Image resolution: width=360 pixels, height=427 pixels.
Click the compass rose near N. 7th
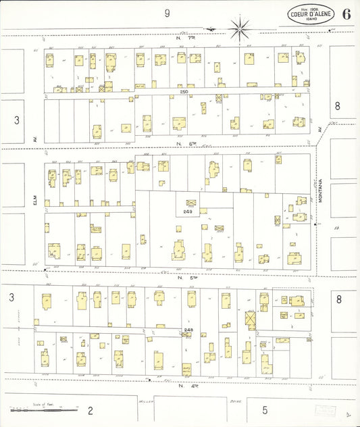(239, 28)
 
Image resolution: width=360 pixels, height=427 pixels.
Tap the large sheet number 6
(346, 14)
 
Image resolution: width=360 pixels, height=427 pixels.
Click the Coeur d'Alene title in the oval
(310, 14)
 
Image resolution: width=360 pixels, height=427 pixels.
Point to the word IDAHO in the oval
(310, 20)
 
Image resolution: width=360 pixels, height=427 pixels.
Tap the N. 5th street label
(180, 277)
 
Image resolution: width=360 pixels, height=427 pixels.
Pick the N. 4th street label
(180, 385)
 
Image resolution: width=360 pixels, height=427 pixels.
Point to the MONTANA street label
(322, 183)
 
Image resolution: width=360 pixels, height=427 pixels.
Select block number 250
(184, 91)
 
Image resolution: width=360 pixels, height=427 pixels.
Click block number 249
(188, 211)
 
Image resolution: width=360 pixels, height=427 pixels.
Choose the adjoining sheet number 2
(90, 409)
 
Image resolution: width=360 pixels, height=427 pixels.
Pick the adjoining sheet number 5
(265, 409)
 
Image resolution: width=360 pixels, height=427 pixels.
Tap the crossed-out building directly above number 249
(191, 202)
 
